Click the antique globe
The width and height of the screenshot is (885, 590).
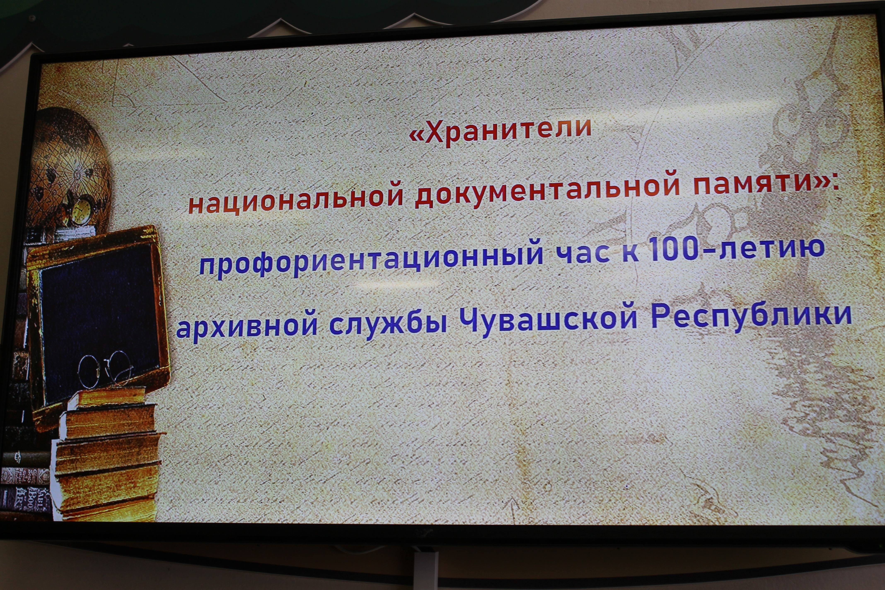coord(70,166)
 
